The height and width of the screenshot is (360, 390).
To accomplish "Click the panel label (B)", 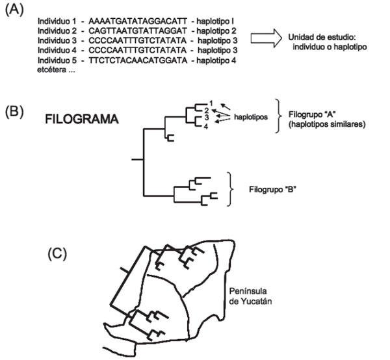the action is point(14,112).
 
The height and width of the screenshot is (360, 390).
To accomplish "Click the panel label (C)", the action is point(57,254).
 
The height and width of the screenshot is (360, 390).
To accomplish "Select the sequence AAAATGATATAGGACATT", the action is point(138,21).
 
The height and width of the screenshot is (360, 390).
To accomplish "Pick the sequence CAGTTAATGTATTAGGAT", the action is point(138,31).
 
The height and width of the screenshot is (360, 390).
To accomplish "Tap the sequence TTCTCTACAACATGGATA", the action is point(138,60).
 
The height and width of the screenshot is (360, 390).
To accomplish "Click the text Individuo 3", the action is point(57,40).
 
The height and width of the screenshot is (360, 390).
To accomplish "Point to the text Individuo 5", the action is point(57,60).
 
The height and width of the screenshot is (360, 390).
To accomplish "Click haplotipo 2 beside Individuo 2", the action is point(216,31).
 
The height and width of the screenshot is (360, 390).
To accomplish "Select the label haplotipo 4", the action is point(216,60).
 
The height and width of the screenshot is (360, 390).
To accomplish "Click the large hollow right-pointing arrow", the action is point(266,38).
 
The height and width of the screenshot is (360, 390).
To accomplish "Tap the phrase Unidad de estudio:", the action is point(322,37).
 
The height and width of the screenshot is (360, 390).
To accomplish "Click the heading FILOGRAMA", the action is point(82,119).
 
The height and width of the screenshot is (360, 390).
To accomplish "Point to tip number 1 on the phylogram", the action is point(211,103).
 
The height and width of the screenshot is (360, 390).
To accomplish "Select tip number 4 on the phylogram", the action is point(205,127).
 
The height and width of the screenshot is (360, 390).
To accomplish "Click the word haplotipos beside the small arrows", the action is point(251,117).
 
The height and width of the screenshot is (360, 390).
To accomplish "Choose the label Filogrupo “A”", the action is point(312,114).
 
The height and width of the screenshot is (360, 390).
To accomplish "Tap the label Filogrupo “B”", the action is point(272,190).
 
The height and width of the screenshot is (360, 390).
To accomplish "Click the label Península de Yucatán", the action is point(250,296).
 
